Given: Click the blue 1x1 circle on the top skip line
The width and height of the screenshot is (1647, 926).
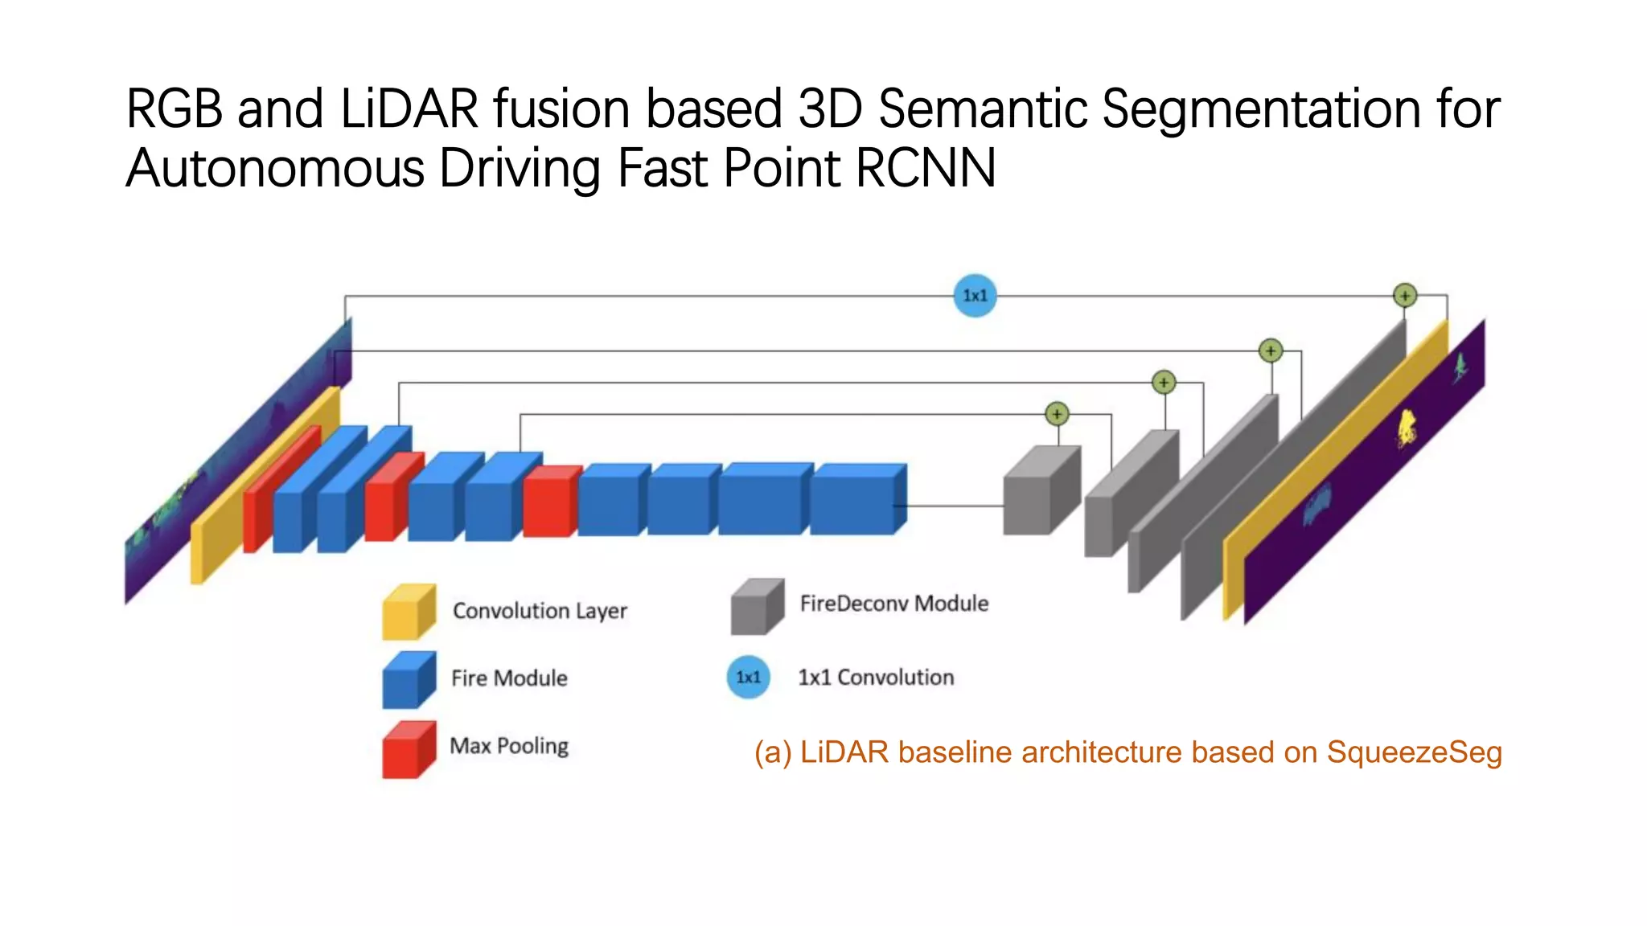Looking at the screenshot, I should [975, 296].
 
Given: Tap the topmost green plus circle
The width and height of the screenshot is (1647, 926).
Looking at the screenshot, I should [1404, 296].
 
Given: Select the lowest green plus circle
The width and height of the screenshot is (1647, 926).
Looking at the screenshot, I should [1057, 414].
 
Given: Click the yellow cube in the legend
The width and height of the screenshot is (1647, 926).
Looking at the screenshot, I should [409, 613].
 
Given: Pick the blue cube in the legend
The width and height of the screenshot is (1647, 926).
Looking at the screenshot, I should [409, 680].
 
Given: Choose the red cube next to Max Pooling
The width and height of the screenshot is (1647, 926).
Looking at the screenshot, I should [409, 750].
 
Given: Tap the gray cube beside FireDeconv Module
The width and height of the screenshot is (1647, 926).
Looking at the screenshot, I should [757, 607].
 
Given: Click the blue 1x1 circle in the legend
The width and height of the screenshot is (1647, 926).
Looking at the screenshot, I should [749, 677].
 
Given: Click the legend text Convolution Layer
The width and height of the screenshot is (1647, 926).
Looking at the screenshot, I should [540, 611].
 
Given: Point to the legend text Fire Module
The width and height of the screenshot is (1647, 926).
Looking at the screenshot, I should [509, 678].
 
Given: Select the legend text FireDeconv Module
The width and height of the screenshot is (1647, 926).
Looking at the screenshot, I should [893, 604].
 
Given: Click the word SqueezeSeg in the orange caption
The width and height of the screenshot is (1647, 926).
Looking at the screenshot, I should [1414, 752].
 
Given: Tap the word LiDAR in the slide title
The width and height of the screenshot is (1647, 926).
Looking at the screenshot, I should [409, 109].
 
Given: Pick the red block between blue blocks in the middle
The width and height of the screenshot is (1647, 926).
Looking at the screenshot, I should [549, 502].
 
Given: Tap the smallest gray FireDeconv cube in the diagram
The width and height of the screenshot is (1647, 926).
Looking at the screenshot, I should [1039, 492].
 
